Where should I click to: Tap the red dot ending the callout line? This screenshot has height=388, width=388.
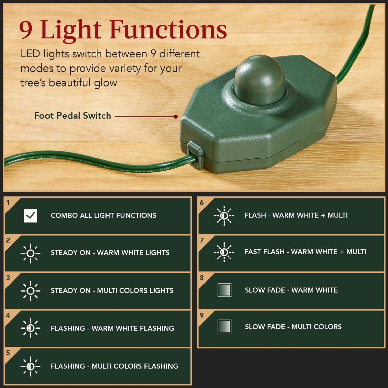[176, 117]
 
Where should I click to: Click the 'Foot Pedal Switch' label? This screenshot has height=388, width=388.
[72, 116]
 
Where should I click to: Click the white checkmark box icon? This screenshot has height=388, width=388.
[30, 216]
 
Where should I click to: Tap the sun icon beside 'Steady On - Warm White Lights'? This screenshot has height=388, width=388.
[30, 253]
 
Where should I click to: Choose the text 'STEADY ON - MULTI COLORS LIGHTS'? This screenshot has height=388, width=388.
[112, 291]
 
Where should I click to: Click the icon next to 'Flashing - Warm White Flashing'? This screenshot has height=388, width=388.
[30, 328]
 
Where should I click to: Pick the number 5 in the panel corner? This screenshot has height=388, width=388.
[8, 353]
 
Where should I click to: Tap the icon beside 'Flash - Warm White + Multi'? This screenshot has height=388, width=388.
[224, 216]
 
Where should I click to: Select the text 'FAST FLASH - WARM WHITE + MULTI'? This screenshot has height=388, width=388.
[305, 252]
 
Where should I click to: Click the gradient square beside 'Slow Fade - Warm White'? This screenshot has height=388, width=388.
[224, 290]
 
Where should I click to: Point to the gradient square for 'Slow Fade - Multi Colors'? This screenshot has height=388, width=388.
[224, 327]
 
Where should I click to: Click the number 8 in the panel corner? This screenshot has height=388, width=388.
[202, 278]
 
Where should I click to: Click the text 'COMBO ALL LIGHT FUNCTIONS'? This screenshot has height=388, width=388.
[103, 216]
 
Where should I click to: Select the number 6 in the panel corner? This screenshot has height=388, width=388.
[202, 203]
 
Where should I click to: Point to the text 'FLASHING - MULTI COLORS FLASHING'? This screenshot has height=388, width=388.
[114, 366]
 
